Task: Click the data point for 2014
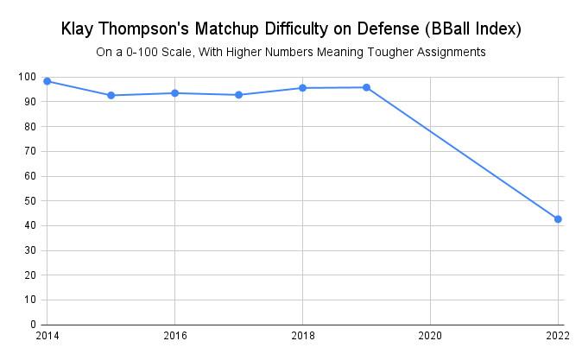47,81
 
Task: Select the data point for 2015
111,95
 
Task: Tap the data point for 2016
175,93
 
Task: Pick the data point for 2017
239,95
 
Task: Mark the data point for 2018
303,88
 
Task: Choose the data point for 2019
367,87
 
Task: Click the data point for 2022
558,219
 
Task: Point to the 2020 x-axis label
430,334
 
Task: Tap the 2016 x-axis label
175,334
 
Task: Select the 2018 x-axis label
303,334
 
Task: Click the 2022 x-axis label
556,334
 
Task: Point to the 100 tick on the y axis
26,77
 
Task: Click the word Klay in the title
79,28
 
